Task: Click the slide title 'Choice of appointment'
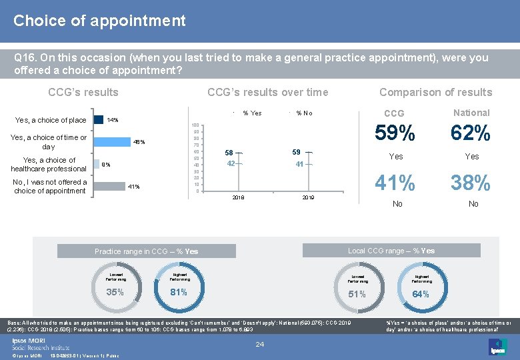[x=99, y=21]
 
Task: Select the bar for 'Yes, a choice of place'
[x=97, y=120]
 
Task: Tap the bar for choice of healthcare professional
[x=94, y=164]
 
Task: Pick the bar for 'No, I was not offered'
[x=108, y=186]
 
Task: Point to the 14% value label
[x=113, y=120]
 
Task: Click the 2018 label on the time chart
[x=238, y=198]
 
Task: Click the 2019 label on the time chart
[x=308, y=198]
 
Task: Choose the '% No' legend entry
[x=304, y=113]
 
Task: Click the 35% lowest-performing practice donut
[x=115, y=291]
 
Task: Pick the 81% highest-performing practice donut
[x=178, y=291]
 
